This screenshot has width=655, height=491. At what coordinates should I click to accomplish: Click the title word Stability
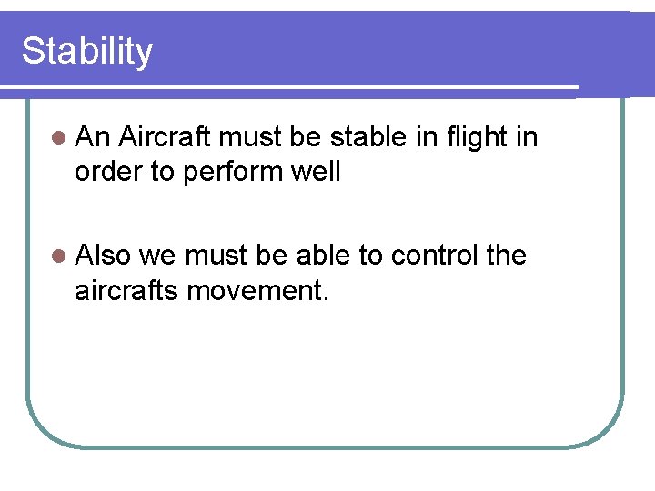point(87,52)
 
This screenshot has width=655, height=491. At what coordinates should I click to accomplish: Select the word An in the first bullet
point(93,138)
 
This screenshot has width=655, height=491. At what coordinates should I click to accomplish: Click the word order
point(106,171)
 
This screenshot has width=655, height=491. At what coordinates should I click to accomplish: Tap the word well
point(316,171)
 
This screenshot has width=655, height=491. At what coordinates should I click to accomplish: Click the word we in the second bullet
point(157,256)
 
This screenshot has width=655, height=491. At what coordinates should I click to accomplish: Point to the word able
point(324,256)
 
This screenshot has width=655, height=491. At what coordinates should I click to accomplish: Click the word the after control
point(507,256)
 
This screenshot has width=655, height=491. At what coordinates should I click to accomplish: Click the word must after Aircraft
point(250,138)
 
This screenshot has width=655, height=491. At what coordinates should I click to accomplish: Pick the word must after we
point(217,256)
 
